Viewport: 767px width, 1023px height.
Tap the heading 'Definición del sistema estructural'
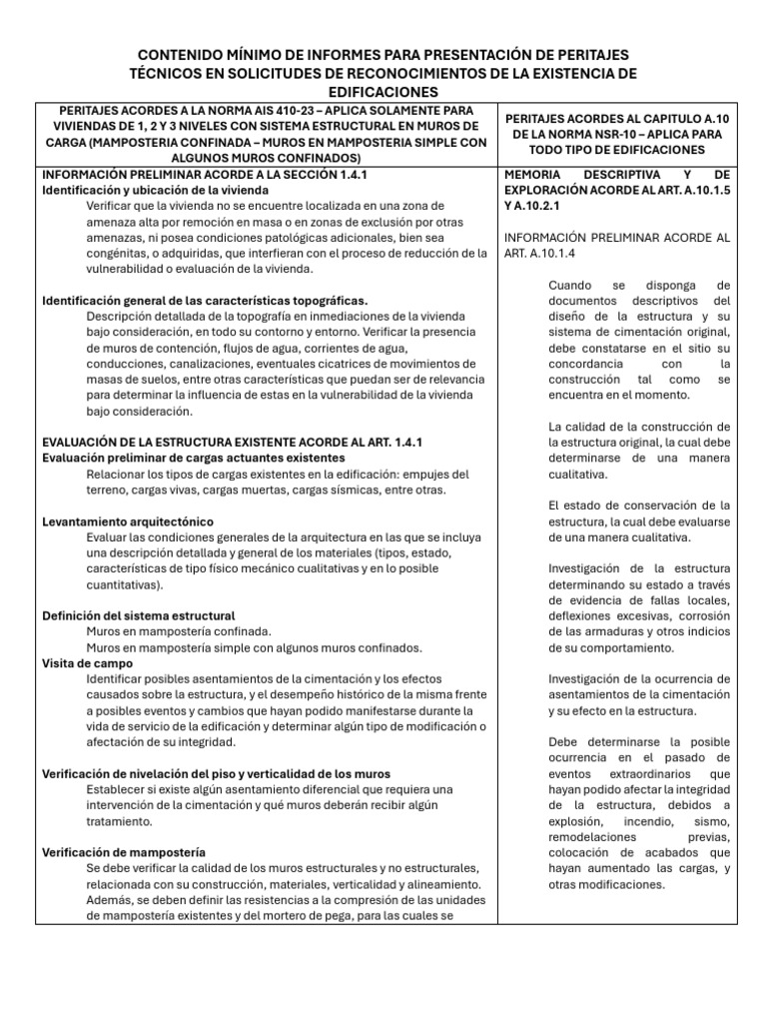click(x=139, y=615)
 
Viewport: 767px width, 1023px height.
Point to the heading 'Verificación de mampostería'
click(x=124, y=851)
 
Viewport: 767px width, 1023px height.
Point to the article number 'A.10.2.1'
click(x=545, y=205)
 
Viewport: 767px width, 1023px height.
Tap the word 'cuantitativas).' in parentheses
click(x=123, y=584)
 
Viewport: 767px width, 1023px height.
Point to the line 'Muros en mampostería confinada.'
click(x=178, y=631)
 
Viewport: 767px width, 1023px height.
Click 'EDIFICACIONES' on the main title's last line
click(x=383, y=90)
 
